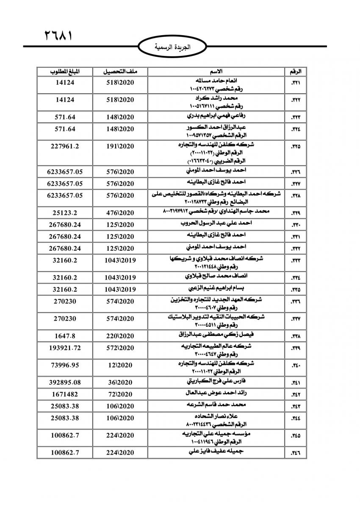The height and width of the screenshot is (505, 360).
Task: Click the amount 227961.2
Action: point(65,146)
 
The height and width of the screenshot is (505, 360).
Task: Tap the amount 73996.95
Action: point(65,364)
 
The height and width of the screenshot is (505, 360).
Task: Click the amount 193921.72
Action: point(65,347)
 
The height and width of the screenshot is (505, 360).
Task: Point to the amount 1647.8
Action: point(65,336)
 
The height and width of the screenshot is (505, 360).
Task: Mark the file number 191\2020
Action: point(119,146)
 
